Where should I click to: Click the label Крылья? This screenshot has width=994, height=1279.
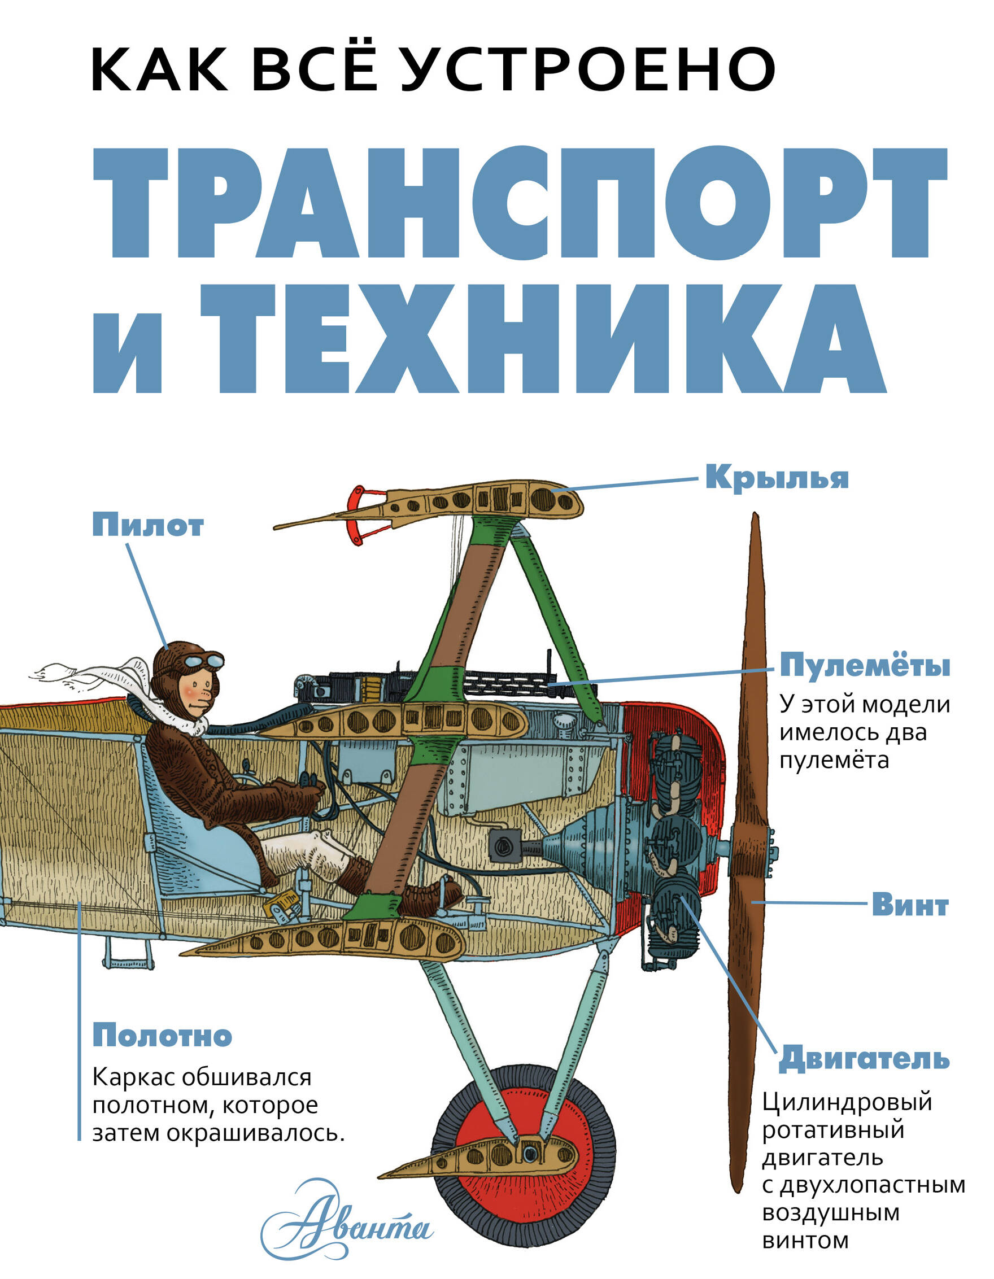tap(776, 478)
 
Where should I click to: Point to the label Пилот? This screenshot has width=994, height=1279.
tap(148, 525)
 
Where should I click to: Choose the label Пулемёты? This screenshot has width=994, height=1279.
tap(864, 666)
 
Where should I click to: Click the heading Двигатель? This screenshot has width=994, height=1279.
tap(864, 1058)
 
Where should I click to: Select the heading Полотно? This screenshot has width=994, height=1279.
tap(162, 1035)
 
